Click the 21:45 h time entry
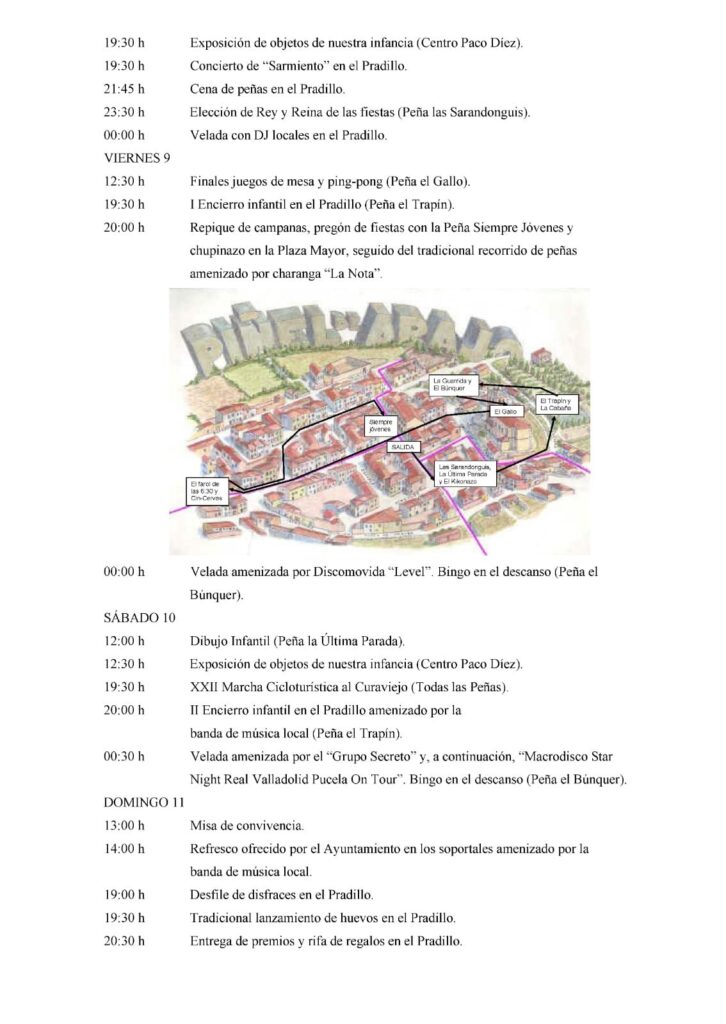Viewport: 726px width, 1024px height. [125, 89]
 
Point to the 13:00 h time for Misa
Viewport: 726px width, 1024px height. [125, 825]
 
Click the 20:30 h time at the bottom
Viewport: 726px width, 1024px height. [125, 940]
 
